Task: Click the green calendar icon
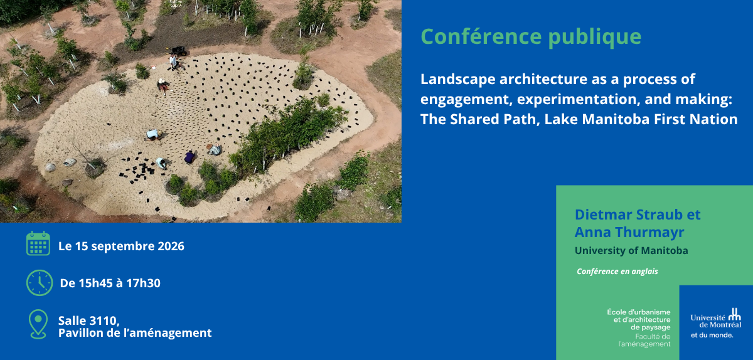38,243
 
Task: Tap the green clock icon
40,283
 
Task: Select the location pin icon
38,324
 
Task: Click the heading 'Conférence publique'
531,37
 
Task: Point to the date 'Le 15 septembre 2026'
121,246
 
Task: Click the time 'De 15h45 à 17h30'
110,283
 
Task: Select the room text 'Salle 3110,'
89,320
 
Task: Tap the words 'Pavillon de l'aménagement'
135,333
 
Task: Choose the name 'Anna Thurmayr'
629,232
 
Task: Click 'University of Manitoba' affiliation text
631,250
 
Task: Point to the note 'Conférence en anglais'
617,272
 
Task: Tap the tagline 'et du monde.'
712,335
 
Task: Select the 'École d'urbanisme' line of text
638,312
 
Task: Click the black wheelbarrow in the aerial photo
178,51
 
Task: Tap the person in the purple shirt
190,157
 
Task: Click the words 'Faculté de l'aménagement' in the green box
644,340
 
